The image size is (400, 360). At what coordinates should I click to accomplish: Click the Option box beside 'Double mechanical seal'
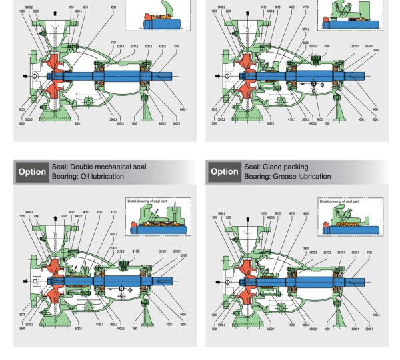click(32, 171)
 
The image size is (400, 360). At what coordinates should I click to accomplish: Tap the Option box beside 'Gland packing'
click(225, 171)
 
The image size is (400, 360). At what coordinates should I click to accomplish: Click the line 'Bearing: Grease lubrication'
click(287, 176)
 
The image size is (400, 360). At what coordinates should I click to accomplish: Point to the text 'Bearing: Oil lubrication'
click(91, 176)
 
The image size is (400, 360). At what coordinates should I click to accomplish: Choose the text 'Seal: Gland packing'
click(276, 167)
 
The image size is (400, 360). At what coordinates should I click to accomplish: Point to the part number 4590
click(292, 326)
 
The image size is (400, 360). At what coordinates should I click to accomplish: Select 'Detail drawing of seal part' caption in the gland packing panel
click(339, 200)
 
